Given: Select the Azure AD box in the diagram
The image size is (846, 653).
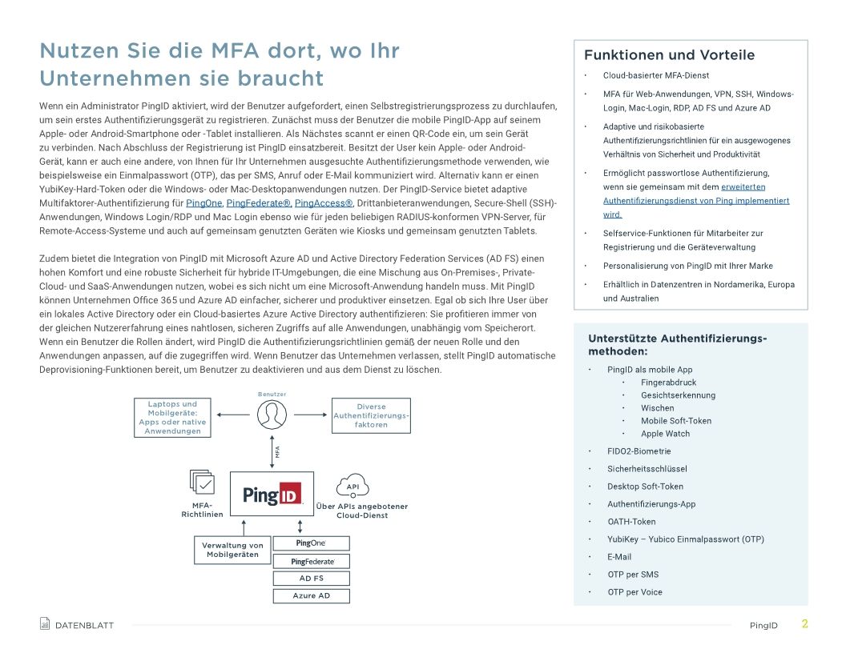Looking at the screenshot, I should (x=311, y=595).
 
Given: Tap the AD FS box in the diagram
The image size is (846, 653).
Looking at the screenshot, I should (x=311, y=578).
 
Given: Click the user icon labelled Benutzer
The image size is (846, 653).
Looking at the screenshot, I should (x=272, y=414).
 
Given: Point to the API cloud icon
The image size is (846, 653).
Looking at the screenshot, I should (x=352, y=486).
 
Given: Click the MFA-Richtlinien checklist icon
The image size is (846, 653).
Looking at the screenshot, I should (x=203, y=483).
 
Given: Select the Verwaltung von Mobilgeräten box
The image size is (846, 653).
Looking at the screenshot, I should (x=232, y=550).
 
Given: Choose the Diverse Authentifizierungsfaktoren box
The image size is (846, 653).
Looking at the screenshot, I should (x=371, y=415).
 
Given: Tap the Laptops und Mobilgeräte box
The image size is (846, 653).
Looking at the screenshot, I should (x=172, y=418).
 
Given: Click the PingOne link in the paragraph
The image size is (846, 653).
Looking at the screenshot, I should (x=203, y=203).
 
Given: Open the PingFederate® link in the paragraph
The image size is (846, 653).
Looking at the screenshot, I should (x=258, y=203).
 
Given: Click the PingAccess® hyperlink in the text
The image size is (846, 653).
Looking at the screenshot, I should (x=324, y=203).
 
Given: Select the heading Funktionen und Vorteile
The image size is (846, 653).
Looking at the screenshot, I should (x=669, y=55).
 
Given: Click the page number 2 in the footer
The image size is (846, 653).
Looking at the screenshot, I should (x=804, y=624).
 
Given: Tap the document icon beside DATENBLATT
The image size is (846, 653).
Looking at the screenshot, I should (x=45, y=624).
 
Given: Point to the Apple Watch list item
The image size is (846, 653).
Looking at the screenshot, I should (x=665, y=434).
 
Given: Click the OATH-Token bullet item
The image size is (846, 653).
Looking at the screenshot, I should (x=631, y=522).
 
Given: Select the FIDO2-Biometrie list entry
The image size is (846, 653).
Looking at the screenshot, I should (x=639, y=451).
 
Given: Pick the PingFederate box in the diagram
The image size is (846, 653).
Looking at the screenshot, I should (x=312, y=561).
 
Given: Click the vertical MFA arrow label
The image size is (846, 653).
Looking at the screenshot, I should (x=277, y=451).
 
